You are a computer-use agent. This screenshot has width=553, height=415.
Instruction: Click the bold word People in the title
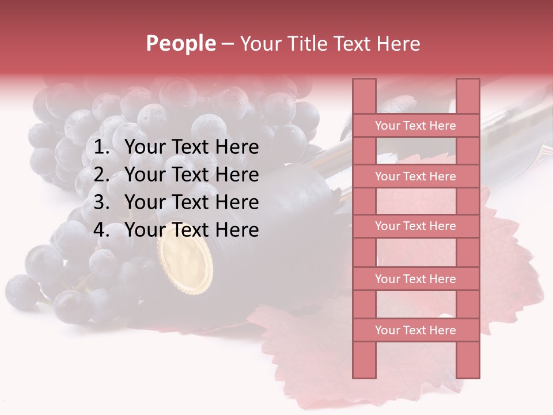180,43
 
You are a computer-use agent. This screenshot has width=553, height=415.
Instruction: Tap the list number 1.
101,148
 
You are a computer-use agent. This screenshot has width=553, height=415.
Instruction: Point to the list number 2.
101,175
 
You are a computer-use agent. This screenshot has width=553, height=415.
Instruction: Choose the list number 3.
101,202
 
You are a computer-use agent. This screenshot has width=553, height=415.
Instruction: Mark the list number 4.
101,230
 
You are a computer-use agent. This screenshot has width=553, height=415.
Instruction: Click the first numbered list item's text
191,148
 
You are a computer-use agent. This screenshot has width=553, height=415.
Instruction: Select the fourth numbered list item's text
191,230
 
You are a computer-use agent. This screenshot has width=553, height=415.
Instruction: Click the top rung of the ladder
415,126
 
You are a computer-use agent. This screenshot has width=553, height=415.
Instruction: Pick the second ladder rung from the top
415,176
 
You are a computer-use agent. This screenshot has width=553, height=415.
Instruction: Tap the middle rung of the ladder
415,226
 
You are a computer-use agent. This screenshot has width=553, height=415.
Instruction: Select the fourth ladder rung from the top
415,279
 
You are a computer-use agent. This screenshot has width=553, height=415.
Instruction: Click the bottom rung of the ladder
415,330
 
